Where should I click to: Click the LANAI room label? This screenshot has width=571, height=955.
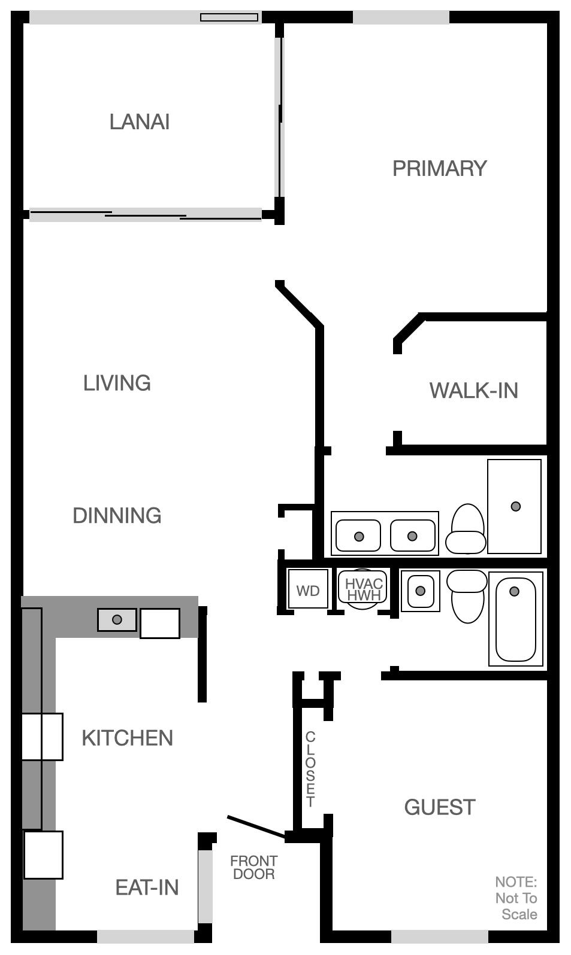pos(140,122)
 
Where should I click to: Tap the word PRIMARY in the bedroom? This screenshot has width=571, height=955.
pos(439,169)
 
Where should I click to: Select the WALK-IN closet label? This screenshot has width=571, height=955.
pos(473,391)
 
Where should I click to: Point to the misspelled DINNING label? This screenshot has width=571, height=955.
pos(117,516)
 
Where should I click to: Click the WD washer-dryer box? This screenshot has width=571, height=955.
pos(308,591)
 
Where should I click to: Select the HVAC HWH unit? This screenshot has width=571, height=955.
pos(363,589)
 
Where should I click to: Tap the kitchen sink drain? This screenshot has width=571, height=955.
pos(117,619)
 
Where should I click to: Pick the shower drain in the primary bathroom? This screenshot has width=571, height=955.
pos(515,506)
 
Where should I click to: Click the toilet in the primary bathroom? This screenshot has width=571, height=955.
pos(467,529)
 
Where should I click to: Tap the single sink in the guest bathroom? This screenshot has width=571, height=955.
pos(420,591)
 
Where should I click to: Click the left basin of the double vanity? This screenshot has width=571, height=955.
pos(358,536)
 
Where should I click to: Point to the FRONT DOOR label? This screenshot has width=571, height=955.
pos(253,868)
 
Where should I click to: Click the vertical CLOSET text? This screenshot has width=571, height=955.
pos(310,769)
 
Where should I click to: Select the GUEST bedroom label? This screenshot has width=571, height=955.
pos(440,807)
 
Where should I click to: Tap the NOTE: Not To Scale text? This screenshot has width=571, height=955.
pos(516,898)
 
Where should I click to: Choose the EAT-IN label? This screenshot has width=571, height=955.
pos(147,887)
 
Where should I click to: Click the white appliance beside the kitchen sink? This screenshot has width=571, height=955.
pos(160,624)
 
